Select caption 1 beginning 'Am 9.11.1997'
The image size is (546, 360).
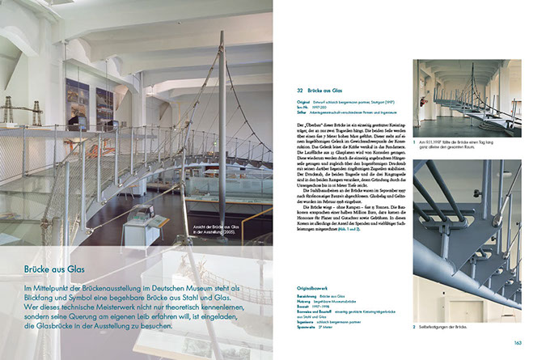(464, 140)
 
